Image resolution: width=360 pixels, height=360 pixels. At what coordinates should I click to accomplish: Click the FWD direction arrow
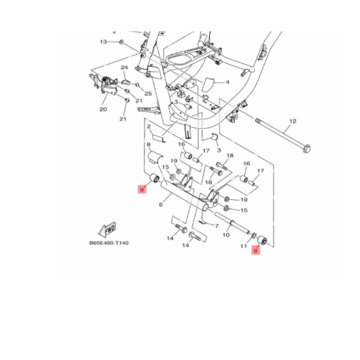coord(107,229)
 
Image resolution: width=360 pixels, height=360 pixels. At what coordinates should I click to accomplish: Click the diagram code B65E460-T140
coord(109,243)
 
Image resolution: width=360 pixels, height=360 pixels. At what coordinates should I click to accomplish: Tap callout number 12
coord(293,121)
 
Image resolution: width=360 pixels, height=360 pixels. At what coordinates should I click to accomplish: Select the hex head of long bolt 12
coord(307,149)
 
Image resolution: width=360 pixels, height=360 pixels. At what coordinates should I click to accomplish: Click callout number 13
coord(103,42)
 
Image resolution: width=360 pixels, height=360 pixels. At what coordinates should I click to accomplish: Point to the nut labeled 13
coord(121,42)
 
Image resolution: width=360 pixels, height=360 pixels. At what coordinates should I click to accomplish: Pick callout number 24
coord(124,67)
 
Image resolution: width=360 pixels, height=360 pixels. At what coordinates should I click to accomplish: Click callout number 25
coord(148,94)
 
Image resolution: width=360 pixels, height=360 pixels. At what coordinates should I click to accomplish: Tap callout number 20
coord(103,109)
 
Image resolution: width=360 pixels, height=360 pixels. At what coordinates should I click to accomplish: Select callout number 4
coord(227,82)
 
